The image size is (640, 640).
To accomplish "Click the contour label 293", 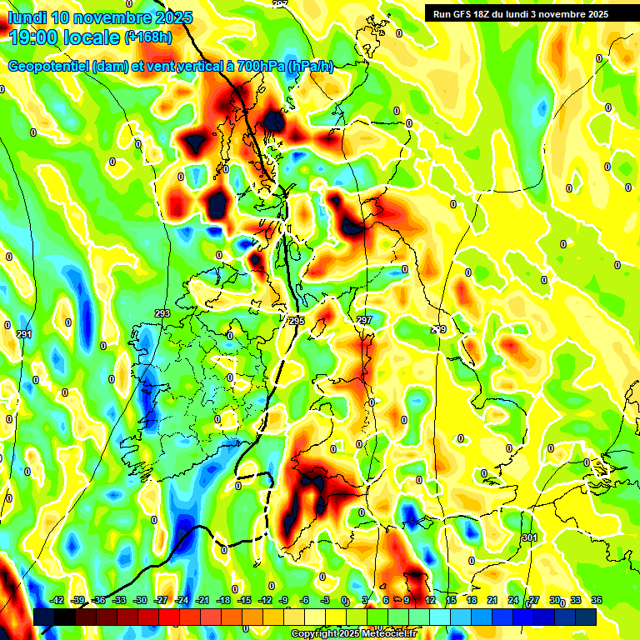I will tap(162, 313).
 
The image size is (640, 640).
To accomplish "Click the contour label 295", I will tap(297, 320).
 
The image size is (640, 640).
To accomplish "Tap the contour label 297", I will tap(364, 320).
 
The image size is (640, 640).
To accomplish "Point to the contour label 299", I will tap(438, 330).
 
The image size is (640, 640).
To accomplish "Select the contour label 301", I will tap(529, 538).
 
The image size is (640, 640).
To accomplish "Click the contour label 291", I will tap(24, 334).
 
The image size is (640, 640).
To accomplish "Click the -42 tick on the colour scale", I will tap(57, 600).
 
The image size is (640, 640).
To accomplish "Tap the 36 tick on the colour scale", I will tap(597, 600).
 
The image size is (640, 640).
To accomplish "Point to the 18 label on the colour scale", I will tap(472, 600).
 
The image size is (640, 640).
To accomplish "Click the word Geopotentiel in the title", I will tap(49, 67).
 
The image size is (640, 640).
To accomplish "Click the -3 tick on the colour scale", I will tap(326, 600).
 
